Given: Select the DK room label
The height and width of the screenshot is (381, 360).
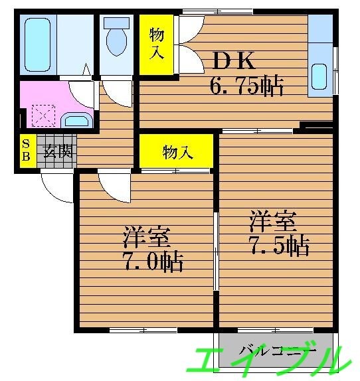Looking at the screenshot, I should pos(234,61).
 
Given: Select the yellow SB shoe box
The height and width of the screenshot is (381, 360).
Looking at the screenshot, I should pos(26,151).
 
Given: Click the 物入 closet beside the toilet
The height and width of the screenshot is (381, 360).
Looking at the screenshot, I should pos(157,44).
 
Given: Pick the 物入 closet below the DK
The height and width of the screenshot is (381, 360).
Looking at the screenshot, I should pos(177,153).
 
